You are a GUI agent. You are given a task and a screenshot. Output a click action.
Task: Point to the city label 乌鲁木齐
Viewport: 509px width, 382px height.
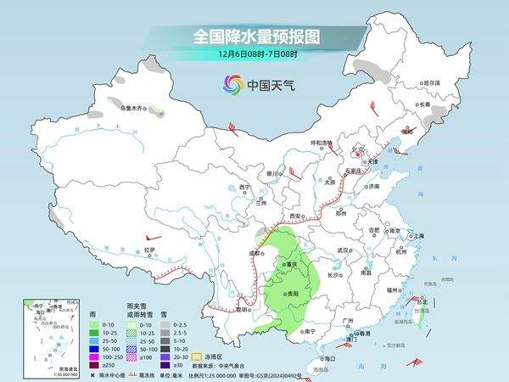131,108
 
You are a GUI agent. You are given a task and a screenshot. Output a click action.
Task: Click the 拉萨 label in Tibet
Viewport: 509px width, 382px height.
149,250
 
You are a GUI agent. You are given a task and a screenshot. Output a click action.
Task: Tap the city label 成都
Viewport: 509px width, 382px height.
253,252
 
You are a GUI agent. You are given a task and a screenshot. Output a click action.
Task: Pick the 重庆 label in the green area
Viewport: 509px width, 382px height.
295,264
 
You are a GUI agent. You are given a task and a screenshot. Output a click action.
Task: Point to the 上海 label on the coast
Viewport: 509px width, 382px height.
417,235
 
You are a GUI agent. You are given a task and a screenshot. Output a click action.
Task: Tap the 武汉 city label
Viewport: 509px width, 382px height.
343,250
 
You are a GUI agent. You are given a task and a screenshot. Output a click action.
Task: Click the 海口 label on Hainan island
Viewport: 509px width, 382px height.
329,359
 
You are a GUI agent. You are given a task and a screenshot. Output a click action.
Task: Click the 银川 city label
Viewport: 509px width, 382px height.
271,172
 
